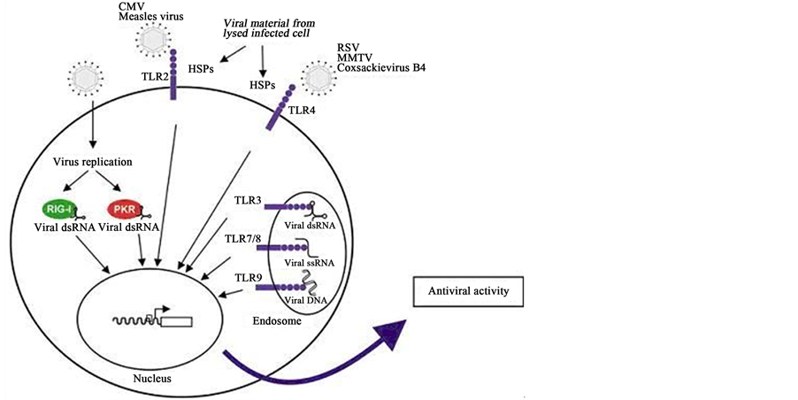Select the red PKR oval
123,210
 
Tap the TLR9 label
248,278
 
